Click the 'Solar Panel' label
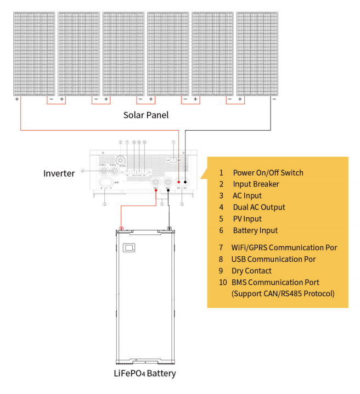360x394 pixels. coord(145,115)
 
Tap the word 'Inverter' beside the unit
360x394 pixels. coord(59,173)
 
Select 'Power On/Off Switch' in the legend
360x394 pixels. coord(268,172)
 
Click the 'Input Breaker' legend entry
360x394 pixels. coord(256,184)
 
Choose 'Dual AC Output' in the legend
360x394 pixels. coord(258,207)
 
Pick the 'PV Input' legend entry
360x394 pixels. coord(248,218)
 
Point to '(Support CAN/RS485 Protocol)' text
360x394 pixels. coord(283,294)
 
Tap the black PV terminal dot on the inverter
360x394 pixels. coord(186,182)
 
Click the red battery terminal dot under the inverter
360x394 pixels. coord(156,192)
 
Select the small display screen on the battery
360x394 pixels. coord(129,248)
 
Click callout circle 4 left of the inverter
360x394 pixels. coord(82,171)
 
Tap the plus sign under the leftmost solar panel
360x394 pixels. coord(17,99)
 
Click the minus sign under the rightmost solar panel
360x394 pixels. coord(274,99)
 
